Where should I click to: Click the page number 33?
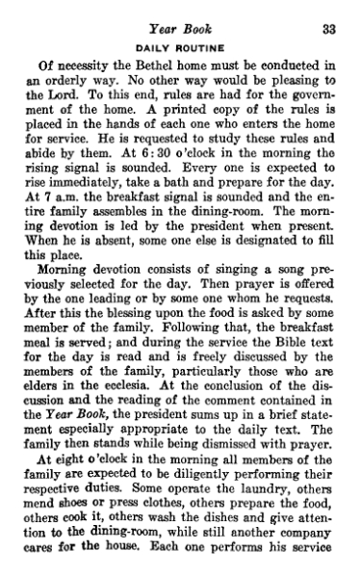click(x=327, y=29)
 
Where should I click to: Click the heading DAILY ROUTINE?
click(x=181, y=47)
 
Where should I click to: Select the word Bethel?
click(x=125, y=66)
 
